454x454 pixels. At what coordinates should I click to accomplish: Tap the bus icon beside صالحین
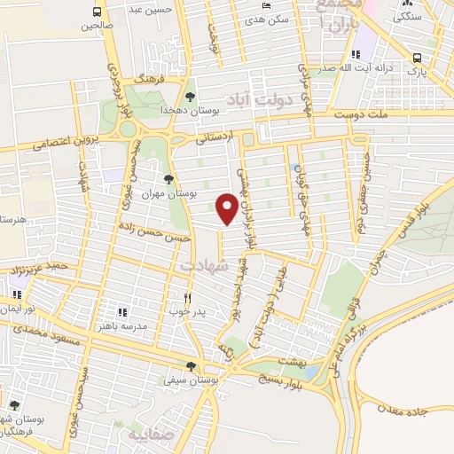click(96, 13)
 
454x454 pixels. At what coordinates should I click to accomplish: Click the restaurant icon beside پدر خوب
click(187, 299)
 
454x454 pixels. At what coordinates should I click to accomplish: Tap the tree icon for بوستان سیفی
click(191, 366)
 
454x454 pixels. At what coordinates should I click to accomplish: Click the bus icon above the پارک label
click(416, 58)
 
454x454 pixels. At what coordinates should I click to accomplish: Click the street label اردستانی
click(217, 138)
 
